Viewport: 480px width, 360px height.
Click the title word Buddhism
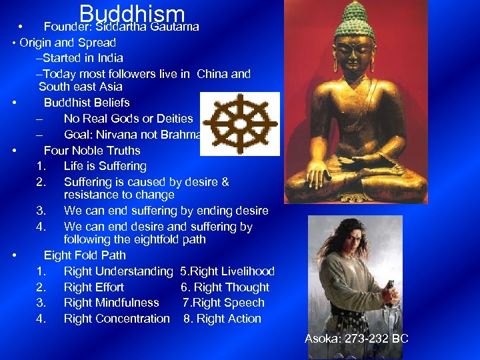pyautogui.click(x=131, y=15)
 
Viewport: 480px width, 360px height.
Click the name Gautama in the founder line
pyautogui.click(x=174, y=27)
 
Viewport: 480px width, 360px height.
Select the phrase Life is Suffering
pyautogui.click(x=105, y=166)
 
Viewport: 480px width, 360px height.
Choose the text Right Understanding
pyautogui.click(x=118, y=271)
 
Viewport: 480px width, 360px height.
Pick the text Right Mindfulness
pyautogui.click(x=111, y=303)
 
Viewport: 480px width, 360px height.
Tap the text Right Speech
pyautogui.click(x=228, y=303)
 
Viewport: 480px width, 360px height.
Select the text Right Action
pyautogui.click(x=227, y=319)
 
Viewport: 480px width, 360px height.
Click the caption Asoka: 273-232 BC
pyautogui.click(x=356, y=339)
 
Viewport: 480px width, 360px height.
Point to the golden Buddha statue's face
pyautogui.click(x=354, y=50)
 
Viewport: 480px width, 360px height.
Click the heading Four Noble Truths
pyautogui.click(x=92, y=151)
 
